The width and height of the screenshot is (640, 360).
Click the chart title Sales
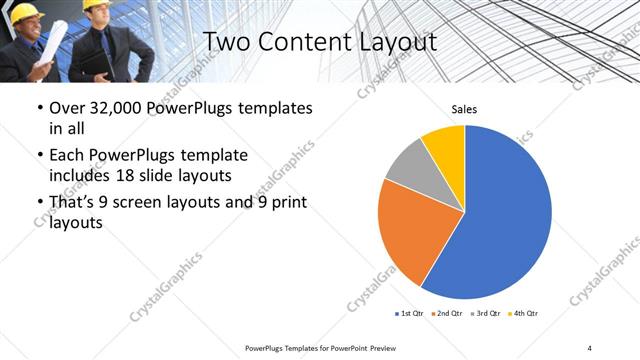coord(464,108)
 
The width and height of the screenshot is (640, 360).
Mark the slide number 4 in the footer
coord(589,347)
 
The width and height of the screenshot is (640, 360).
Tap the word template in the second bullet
coord(212,155)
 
